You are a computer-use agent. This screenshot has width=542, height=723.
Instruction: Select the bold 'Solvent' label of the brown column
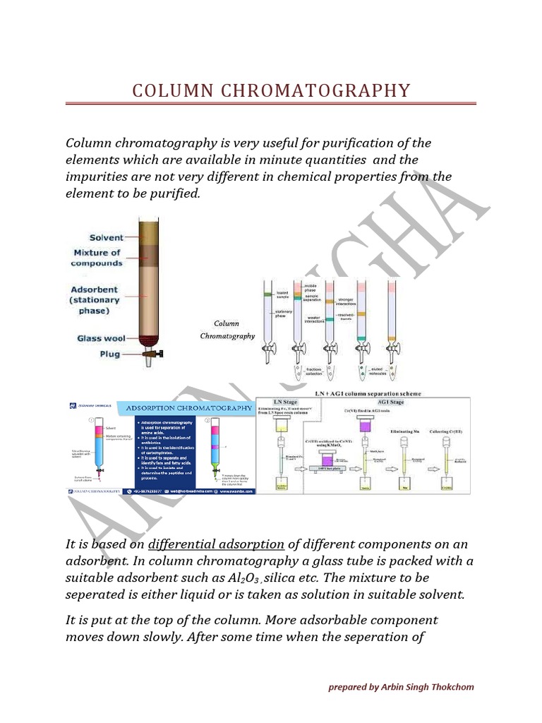(106, 238)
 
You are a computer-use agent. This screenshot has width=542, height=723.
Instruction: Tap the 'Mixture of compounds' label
(97, 258)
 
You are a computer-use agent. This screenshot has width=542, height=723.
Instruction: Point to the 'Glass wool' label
(100, 338)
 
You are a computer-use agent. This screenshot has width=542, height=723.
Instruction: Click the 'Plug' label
(109, 354)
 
